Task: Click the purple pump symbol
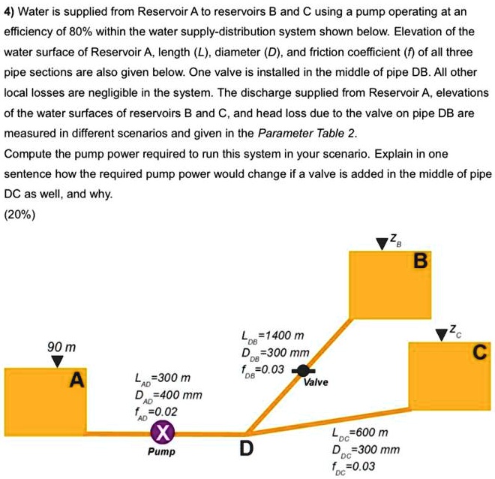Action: [x=162, y=432]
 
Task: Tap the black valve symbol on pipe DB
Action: [x=302, y=370]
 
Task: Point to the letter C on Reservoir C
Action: [x=480, y=352]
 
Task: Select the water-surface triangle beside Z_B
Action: [x=382, y=242]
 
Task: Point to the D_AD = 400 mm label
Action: [x=168, y=395]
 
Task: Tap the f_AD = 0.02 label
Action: [x=159, y=411]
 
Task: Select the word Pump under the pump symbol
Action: [x=161, y=452]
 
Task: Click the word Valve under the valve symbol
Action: [x=316, y=382]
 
